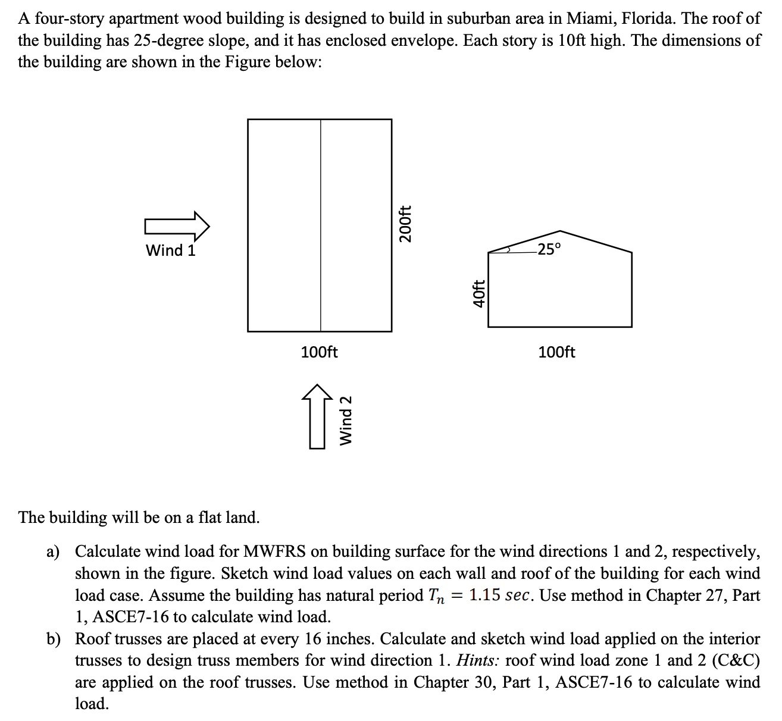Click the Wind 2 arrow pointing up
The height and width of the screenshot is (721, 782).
click(x=318, y=416)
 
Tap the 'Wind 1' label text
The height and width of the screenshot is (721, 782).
click(x=171, y=250)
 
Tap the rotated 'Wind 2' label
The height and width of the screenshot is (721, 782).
click(x=346, y=419)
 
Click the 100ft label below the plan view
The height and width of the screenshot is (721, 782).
click(x=319, y=352)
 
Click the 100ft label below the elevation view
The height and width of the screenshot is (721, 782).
click(x=556, y=352)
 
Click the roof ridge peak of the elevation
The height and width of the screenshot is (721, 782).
click(x=559, y=231)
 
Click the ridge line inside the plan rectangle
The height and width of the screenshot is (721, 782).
click(x=321, y=226)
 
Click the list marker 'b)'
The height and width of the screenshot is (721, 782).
click(x=54, y=639)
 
